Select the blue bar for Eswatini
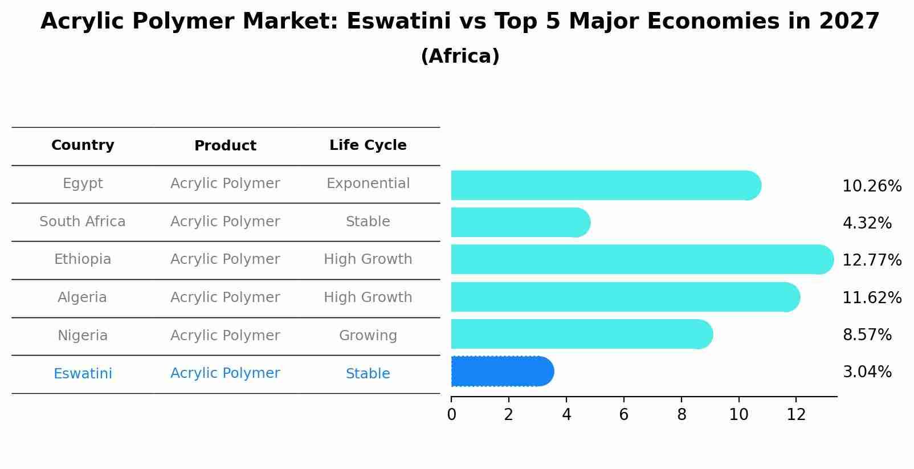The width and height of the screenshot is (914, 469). [501, 372]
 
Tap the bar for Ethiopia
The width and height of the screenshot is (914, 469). [642, 259]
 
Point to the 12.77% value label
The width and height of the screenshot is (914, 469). [871, 260]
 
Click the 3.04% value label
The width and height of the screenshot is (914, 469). [867, 372]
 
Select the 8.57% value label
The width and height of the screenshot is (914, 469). [867, 335]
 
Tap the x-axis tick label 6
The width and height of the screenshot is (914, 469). [623, 415]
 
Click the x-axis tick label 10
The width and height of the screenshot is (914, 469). [738, 415]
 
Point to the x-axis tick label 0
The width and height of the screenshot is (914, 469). [451, 415]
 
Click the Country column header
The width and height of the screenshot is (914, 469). [83, 145]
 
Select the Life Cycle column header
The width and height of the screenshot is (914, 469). [368, 145]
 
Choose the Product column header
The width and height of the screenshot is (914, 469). [225, 146]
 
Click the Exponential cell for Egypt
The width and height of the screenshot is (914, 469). [368, 183]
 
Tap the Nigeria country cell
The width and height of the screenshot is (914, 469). [83, 336]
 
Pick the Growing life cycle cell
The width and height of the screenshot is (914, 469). [368, 336]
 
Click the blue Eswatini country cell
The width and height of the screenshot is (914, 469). [83, 374]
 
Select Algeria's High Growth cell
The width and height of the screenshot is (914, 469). [368, 297]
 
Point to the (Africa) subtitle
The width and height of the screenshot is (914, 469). [460, 56]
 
